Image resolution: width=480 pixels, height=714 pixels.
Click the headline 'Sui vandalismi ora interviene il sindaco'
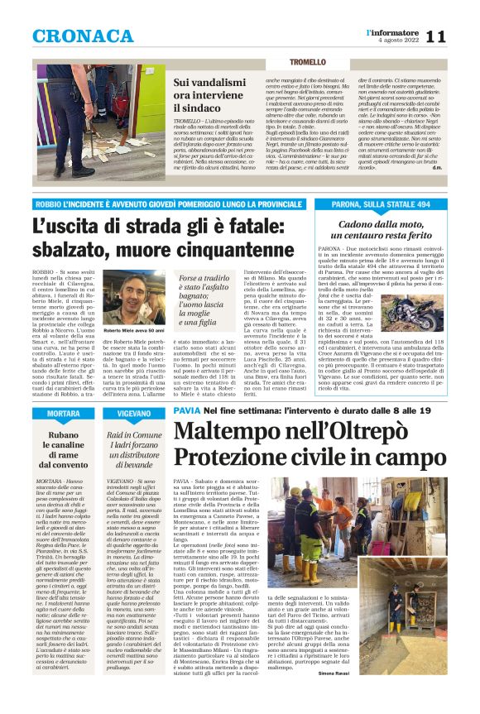[x=219, y=95]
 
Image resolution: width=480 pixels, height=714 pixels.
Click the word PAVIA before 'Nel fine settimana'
[x=186, y=411]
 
